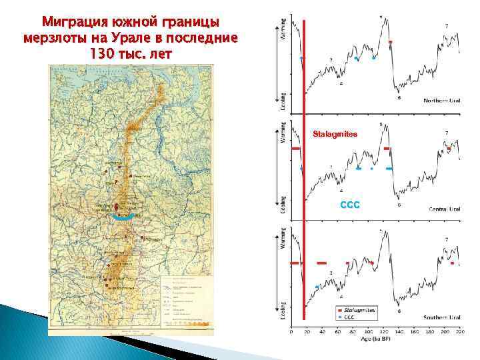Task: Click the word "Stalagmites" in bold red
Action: pyautogui.click(x=335, y=135)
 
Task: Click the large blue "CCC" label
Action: pyautogui.click(x=350, y=205)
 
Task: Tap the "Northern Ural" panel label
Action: pyautogui.click(x=442, y=101)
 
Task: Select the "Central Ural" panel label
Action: pyautogui.click(x=444, y=209)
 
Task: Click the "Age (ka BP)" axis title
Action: pyautogui.click(x=376, y=339)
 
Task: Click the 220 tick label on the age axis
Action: pyautogui.click(x=459, y=331)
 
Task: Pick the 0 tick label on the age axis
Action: pyautogui.click(x=291, y=331)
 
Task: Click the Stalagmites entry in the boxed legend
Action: pyautogui.click(x=360, y=310)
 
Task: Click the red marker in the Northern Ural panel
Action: pyautogui.click(x=391, y=43)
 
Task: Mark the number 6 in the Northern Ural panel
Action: pyautogui.click(x=399, y=98)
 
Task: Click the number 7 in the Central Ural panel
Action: pyautogui.click(x=446, y=133)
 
